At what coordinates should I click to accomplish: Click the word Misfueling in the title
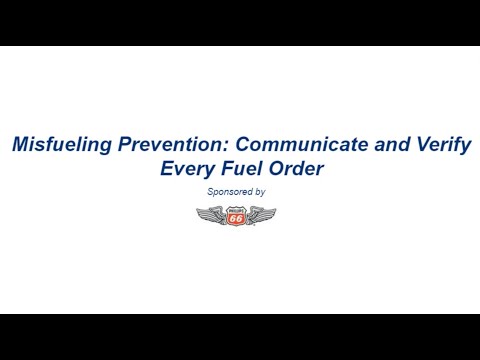pyautogui.click(x=58, y=145)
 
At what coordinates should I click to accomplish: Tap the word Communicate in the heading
pyautogui.click(x=285, y=145)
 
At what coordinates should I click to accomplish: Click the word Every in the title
pyautogui.click(x=188, y=169)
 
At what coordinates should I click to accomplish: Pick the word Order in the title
pyautogui.click(x=297, y=169)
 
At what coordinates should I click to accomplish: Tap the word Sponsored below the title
pyautogui.click(x=228, y=191)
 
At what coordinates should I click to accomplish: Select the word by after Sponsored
pyautogui.click(x=260, y=191)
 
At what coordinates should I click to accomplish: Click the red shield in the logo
pyautogui.click(x=235, y=215)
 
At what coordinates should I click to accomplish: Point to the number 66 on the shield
pyautogui.click(x=235, y=216)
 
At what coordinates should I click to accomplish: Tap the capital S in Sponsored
pyautogui.click(x=210, y=191)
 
